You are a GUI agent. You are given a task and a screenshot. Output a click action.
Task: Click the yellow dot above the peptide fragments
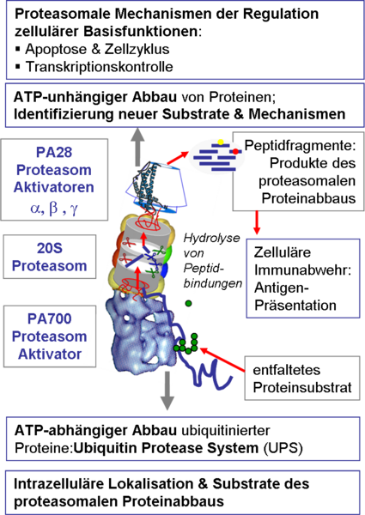tap(221, 142)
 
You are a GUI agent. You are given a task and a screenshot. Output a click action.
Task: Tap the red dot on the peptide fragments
tap(235, 151)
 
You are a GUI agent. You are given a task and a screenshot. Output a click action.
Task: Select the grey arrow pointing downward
tap(167, 391)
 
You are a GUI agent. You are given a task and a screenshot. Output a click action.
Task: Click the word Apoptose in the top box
tap(57, 49)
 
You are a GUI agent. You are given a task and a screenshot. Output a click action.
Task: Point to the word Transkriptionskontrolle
tap(100, 67)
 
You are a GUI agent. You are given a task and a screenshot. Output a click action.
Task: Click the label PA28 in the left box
tap(54, 153)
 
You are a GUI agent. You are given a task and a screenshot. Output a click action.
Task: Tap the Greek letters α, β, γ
tap(54, 209)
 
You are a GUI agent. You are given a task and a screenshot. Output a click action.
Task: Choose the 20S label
tap(50, 248)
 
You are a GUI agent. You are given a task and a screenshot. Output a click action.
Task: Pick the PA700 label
tap(50, 318)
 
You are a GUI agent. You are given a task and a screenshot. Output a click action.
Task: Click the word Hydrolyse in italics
tap(211, 238)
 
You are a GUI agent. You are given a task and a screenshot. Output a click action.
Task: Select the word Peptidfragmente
tap(300, 146)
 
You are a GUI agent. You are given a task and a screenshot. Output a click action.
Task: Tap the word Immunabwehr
tap(303, 270)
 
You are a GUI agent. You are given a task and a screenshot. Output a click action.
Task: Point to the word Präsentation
tap(295, 305)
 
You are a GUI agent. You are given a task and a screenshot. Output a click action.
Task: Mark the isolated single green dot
tap(188, 304)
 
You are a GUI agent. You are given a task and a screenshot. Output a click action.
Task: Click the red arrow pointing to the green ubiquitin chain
tap(222, 360)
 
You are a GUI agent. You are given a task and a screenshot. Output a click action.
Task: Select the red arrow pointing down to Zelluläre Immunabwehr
tap(257, 222)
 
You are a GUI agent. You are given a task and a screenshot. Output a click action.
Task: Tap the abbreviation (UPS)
tap(283, 448)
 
